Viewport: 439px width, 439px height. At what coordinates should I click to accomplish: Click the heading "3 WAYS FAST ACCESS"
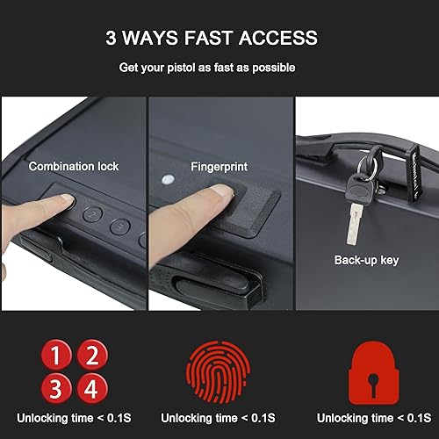click(x=212, y=39)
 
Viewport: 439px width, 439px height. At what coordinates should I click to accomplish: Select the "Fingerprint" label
click(x=218, y=164)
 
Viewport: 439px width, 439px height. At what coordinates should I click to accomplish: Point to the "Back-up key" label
click(x=365, y=260)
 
